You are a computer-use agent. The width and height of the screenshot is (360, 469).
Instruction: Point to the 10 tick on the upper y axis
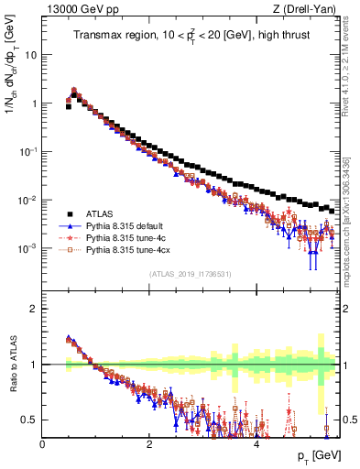(32, 54)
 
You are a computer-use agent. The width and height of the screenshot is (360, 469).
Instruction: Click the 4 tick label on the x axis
(256, 444)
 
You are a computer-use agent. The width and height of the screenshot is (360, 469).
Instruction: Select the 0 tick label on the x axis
(42, 444)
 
